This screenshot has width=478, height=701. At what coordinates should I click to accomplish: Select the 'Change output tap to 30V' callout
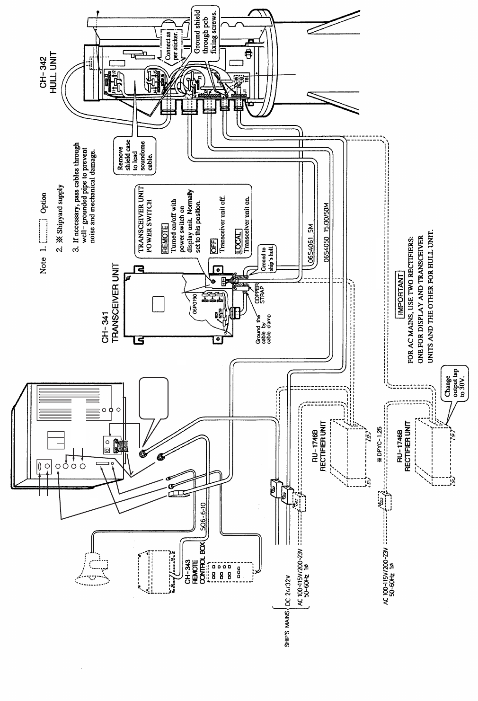[x=453, y=382]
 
